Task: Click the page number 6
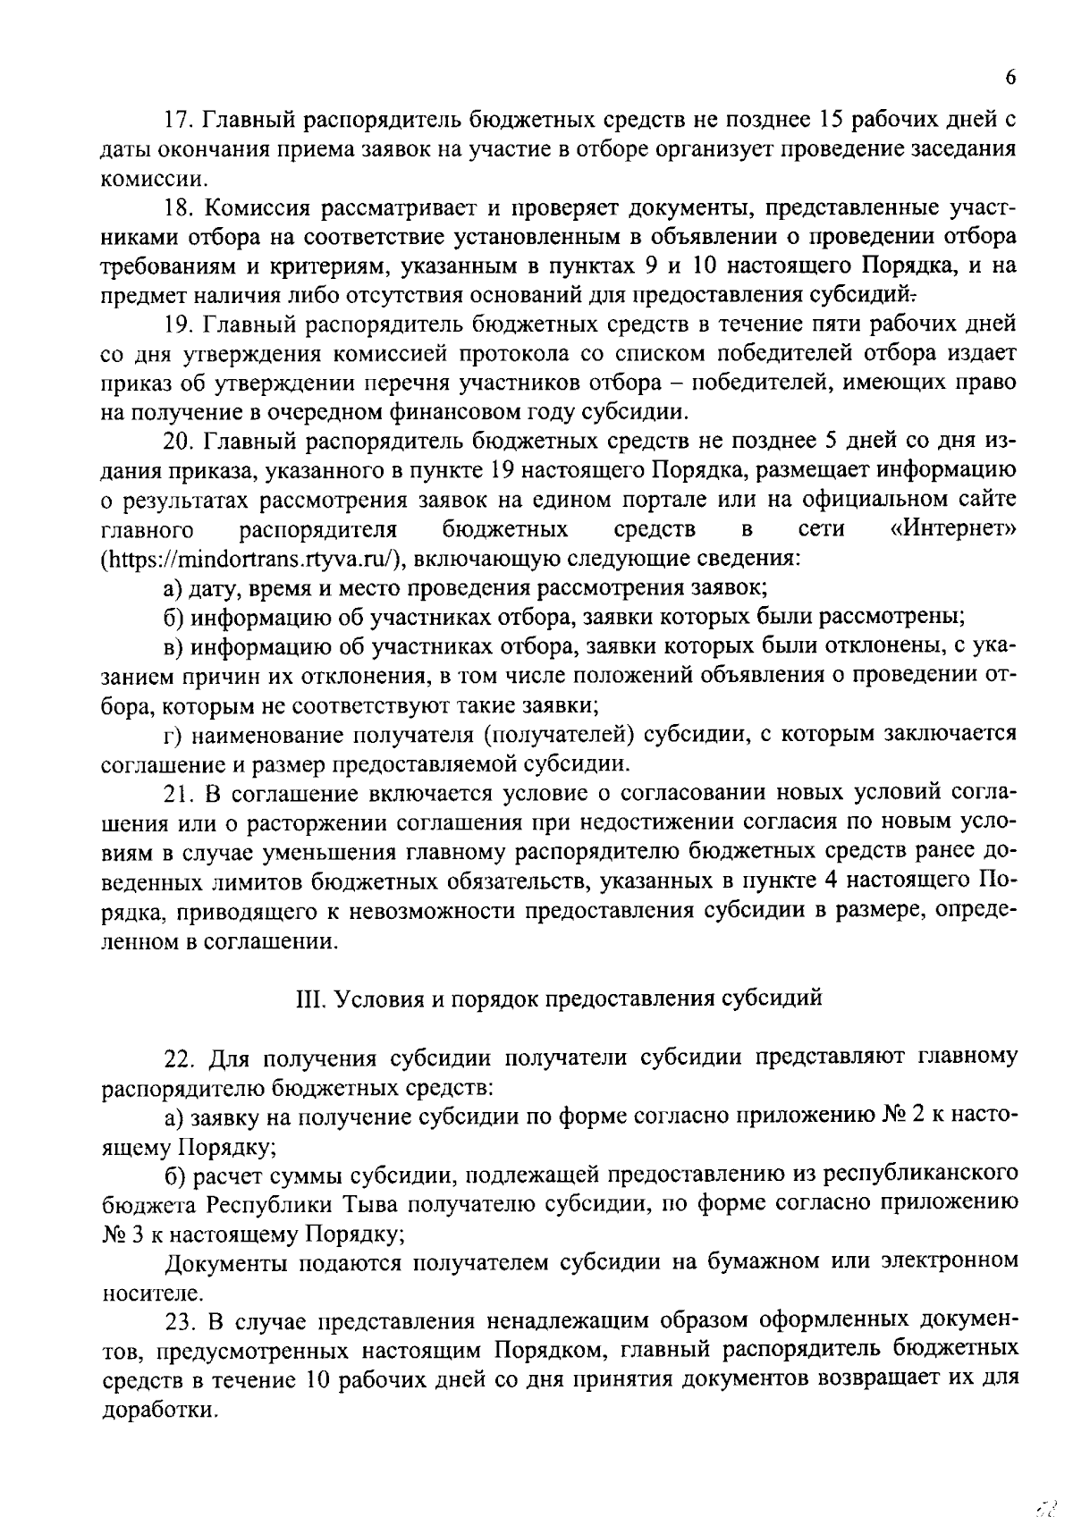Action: coord(1010,77)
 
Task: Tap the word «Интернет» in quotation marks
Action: coord(953,529)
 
